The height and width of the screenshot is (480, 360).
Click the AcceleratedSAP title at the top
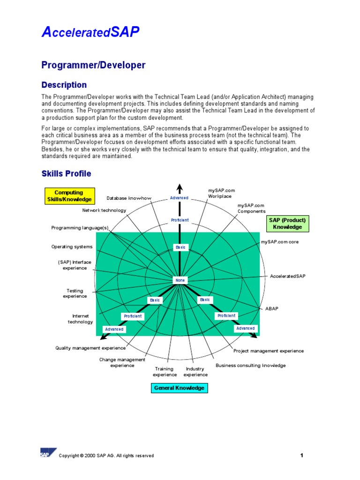pyautogui.click(x=90, y=32)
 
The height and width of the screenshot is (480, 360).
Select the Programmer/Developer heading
pyautogui.click(x=93, y=65)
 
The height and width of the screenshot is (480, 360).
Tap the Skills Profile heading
pyautogui.click(x=66, y=174)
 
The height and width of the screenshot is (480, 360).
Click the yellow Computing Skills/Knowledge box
pyautogui.click(x=69, y=196)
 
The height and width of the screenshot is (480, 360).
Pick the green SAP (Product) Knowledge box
pyautogui.click(x=287, y=224)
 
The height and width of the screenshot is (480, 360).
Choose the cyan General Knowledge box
pyautogui.click(x=179, y=388)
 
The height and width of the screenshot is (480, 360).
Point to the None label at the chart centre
pyautogui.click(x=180, y=280)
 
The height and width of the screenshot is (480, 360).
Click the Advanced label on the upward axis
pyautogui.click(x=179, y=198)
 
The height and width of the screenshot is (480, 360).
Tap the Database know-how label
pyautogui.click(x=129, y=198)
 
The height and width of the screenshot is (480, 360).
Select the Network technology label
pyautogui.click(x=104, y=210)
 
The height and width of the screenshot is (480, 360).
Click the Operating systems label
pyautogui.click(x=72, y=247)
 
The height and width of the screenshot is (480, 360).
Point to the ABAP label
pyautogui.click(x=272, y=308)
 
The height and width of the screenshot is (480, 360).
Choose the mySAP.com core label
pyautogui.click(x=280, y=242)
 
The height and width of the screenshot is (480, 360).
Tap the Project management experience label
pyautogui.click(x=269, y=351)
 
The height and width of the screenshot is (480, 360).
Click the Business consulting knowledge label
pyautogui.click(x=250, y=366)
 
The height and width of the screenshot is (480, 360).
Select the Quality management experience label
pyautogui.click(x=90, y=348)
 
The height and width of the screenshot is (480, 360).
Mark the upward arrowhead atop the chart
pyautogui.click(x=179, y=188)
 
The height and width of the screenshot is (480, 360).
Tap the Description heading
pyautogui.click(x=64, y=85)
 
